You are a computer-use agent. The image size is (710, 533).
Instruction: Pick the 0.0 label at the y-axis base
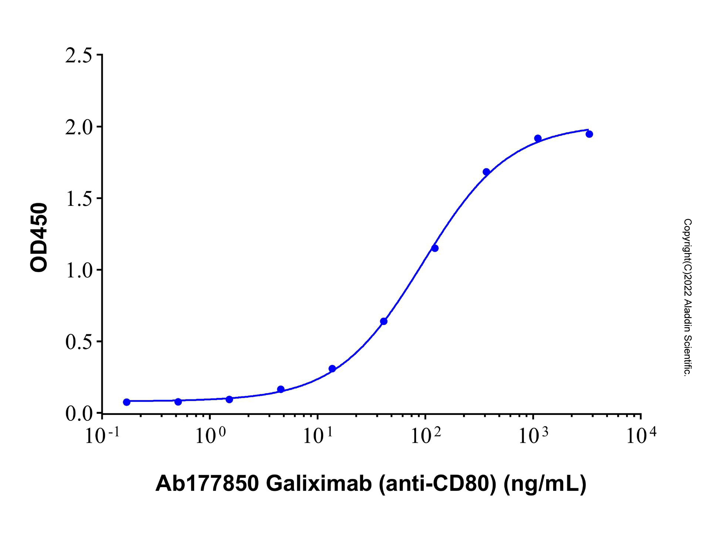pyautogui.click(x=78, y=413)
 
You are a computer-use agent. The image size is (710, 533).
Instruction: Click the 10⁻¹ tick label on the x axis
pyautogui.click(x=102, y=435)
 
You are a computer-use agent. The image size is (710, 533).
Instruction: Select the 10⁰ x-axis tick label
pyautogui.click(x=209, y=435)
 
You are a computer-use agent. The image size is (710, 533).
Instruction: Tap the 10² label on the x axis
pyautogui.click(x=425, y=435)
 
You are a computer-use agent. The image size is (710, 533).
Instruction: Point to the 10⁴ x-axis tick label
pyautogui.click(x=641, y=435)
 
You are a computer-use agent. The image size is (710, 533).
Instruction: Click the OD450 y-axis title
pyautogui.click(x=39, y=238)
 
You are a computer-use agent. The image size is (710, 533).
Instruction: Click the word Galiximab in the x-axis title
pyautogui.click(x=318, y=483)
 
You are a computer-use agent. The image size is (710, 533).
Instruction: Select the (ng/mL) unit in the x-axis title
pyautogui.click(x=545, y=483)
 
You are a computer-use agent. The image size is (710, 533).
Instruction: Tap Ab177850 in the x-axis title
pyautogui.click(x=207, y=483)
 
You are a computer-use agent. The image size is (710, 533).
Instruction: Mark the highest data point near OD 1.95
pyautogui.click(x=589, y=134)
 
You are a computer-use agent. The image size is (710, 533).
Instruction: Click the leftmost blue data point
pyautogui.click(x=126, y=402)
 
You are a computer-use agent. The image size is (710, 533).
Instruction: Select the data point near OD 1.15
pyautogui.click(x=435, y=248)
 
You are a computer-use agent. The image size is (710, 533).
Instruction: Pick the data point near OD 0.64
pyautogui.click(x=383, y=321)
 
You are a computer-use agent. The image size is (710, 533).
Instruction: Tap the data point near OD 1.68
pyautogui.click(x=486, y=172)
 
